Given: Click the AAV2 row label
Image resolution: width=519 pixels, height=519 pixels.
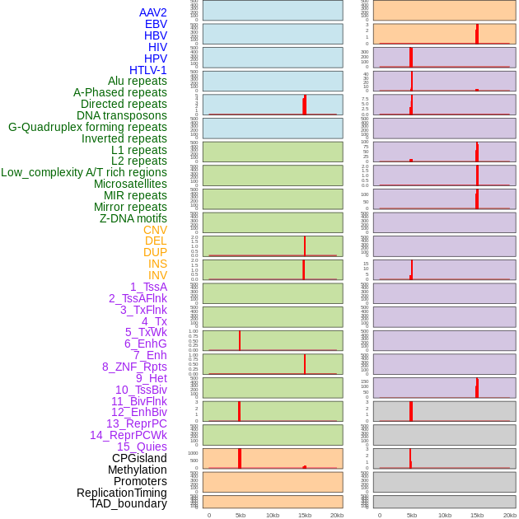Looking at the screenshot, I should [x=152, y=12].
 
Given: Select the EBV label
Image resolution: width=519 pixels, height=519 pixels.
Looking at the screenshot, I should [x=156, y=24].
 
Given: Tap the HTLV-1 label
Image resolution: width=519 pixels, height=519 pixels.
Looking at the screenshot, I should [x=147, y=70].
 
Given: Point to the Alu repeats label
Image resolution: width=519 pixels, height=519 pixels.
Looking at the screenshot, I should [x=137, y=81].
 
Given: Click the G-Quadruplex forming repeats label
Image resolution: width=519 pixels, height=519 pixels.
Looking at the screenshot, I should [x=87, y=127].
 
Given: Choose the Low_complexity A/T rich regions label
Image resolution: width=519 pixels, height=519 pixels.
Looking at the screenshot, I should [x=84, y=172].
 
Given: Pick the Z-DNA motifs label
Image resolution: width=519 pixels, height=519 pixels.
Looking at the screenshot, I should [x=133, y=218].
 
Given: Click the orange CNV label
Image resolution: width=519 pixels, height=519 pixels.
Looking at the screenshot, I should [x=155, y=230].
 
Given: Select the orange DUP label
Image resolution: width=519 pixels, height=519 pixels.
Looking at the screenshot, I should [x=155, y=252].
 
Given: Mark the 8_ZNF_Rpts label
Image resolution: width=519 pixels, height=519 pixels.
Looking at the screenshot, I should [x=134, y=367].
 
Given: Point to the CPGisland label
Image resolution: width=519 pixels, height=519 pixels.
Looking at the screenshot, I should [x=139, y=458].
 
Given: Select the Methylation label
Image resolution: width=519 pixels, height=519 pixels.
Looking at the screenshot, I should [x=138, y=470].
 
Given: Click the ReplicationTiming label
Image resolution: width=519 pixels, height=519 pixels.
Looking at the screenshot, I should [x=122, y=493].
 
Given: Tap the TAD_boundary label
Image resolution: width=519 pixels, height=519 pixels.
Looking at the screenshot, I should [x=129, y=503].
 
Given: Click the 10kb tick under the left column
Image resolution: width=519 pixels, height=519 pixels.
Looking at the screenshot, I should [x=273, y=515].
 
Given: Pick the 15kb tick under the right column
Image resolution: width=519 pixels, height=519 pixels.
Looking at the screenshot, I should [x=477, y=515].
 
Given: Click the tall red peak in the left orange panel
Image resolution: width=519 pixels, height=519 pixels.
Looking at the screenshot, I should [x=240, y=458].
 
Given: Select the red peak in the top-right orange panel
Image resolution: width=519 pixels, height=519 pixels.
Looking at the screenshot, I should [x=477, y=34].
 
